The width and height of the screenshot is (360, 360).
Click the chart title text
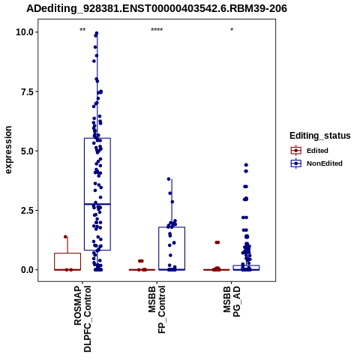coord(157,9)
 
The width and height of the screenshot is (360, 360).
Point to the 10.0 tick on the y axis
coord(25,32)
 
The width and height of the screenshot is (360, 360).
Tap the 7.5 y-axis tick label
coord(27,91)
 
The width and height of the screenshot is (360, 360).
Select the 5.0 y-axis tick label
coord(27,151)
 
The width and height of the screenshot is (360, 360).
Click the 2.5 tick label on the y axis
coord(27,211)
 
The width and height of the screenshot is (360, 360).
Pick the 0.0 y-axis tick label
coord(27,270)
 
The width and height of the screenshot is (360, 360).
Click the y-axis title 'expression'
coord(8,150)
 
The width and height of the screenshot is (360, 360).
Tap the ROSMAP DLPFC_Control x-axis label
coord(82,319)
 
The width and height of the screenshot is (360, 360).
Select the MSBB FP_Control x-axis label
coord(157,310)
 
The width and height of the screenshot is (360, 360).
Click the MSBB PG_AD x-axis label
coord(232,301)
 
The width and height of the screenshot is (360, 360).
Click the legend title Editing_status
coord(320,136)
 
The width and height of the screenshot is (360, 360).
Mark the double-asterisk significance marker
coord(82,30)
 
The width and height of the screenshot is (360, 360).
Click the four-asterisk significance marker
coord(157,30)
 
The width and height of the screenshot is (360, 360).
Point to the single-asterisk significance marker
coord(232,30)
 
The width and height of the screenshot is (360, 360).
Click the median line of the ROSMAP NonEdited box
coord(97,204)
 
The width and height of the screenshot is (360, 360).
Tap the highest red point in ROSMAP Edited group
coord(65,237)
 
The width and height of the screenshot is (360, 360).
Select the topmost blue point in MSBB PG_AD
coord(246,165)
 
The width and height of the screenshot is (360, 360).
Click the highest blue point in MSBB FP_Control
coord(169,179)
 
